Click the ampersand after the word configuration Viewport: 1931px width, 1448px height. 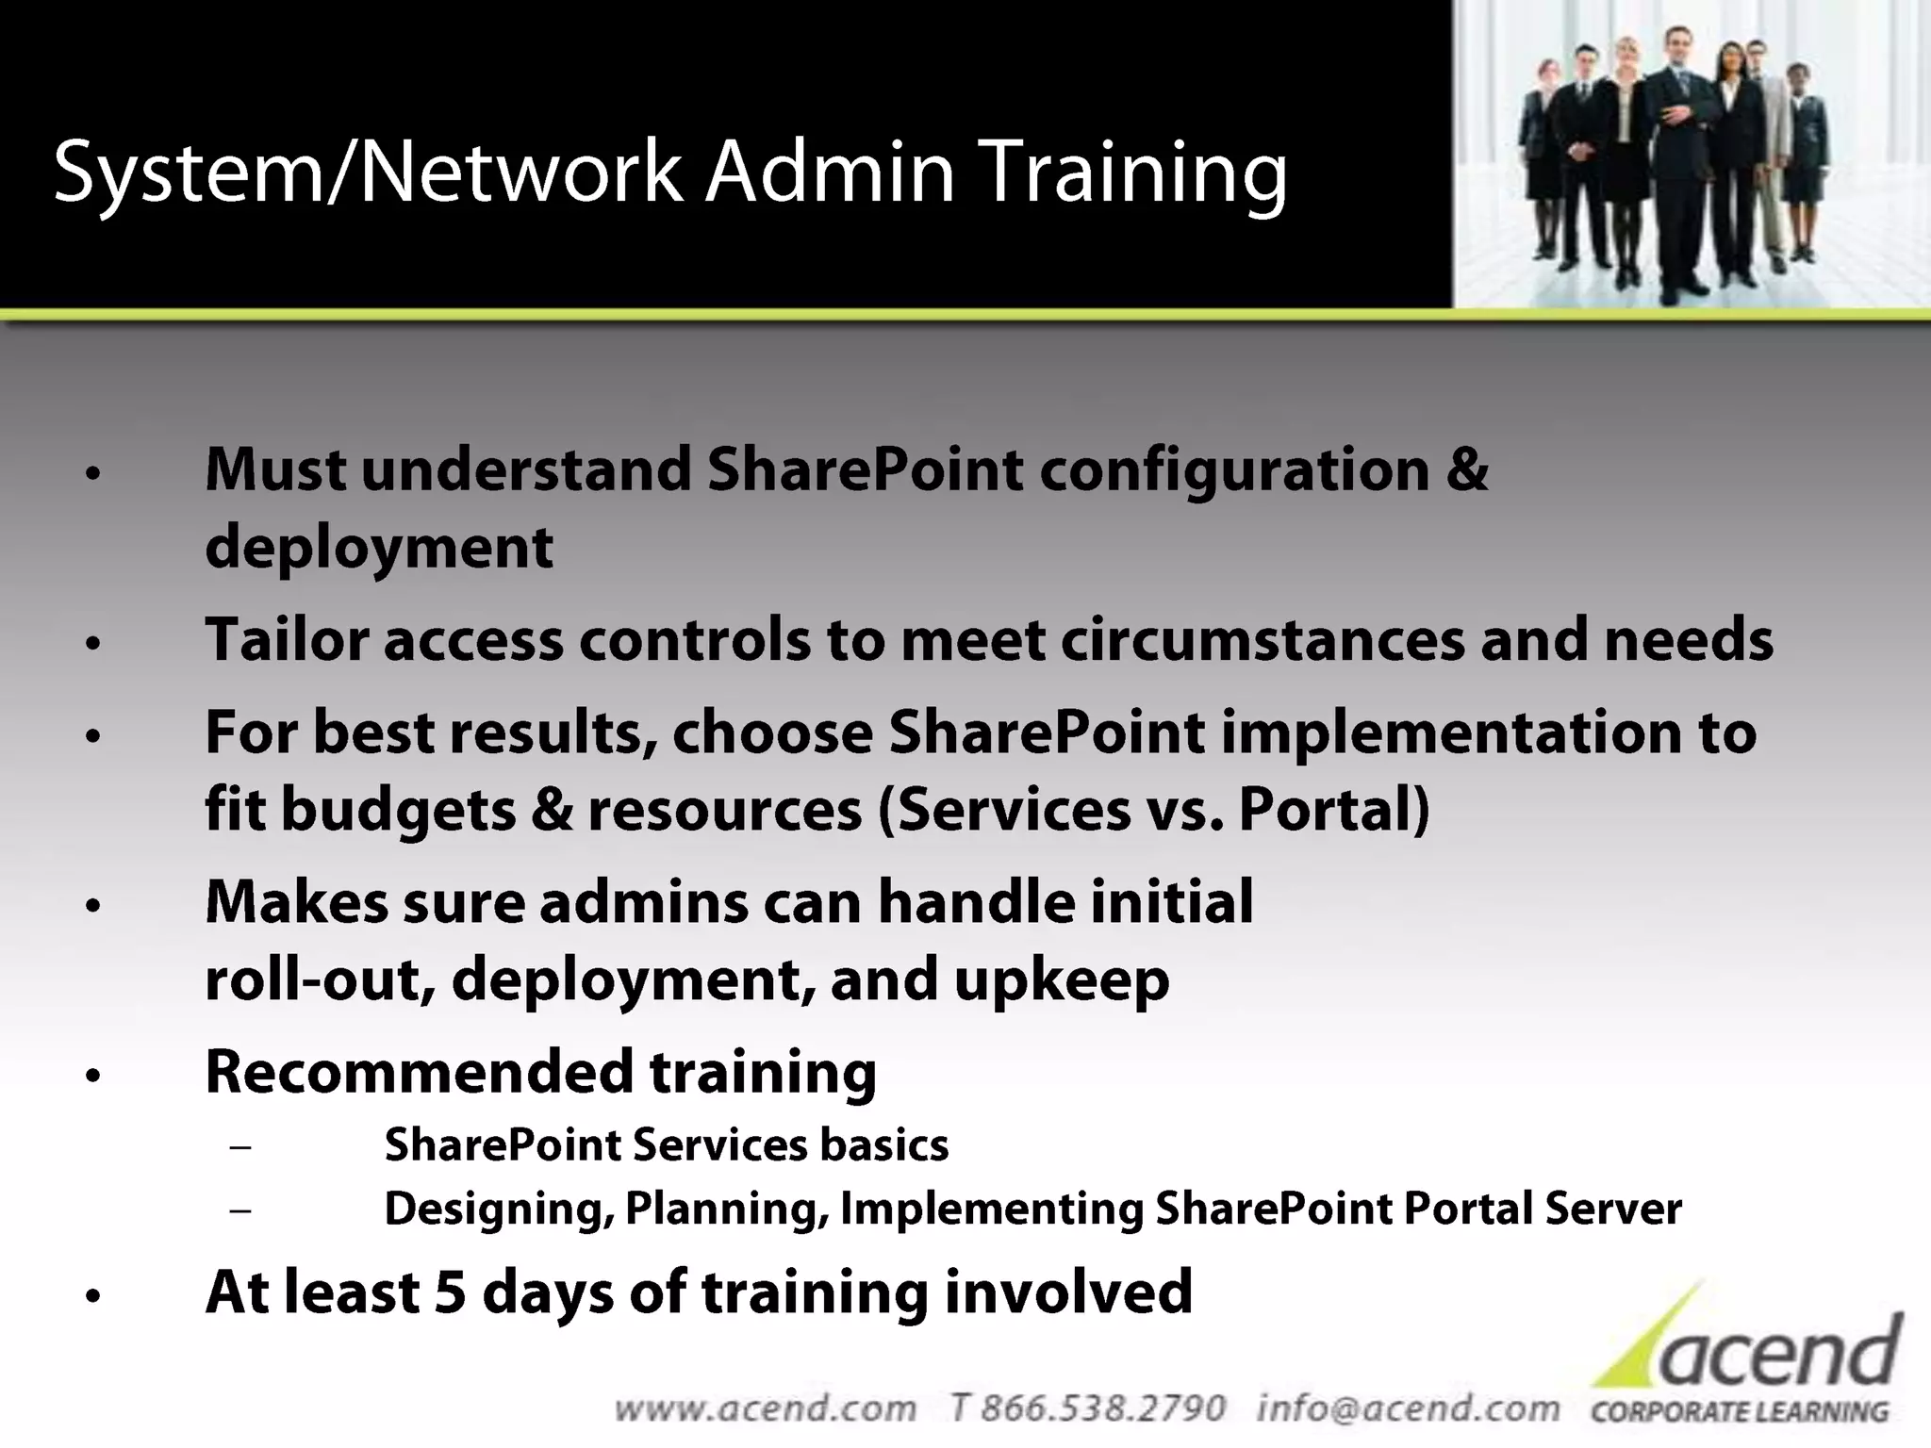1467,469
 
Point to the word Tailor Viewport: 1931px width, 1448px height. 287,640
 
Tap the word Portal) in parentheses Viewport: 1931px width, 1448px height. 1334,810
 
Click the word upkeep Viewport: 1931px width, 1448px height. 1062,980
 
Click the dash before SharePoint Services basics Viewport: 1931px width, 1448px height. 240,1147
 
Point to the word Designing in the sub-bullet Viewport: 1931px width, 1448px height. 494,1209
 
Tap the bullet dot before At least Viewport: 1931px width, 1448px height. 91,1297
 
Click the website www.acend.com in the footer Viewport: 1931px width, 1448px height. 765,1408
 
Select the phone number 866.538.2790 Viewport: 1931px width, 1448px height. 1103,1408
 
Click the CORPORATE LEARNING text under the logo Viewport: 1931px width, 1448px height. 1740,1412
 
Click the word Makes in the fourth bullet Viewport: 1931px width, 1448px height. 296,902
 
